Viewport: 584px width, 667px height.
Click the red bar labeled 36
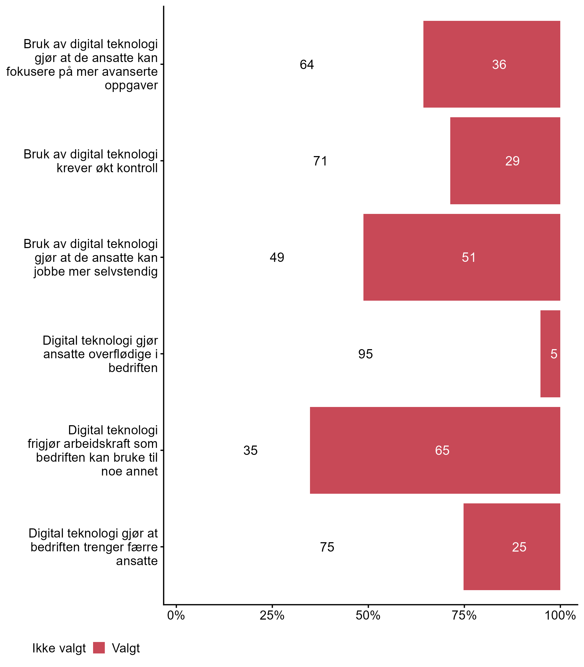click(x=491, y=64)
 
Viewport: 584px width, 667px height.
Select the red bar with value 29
click(x=505, y=160)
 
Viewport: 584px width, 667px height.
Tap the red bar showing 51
click(x=461, y=257)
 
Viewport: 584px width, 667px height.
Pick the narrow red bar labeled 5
click(x=550, y=354)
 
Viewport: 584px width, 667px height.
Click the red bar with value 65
click(x=435, y=450)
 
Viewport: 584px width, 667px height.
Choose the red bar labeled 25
click(x=512, y=547)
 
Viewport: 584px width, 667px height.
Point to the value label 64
click(x=307, y=65)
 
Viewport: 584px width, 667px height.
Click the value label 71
click(x=320, y=161)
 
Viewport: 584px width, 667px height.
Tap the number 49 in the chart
click(x=277, y=258)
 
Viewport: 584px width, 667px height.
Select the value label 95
click(x=365, y=354)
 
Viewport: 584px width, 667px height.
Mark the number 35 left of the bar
click(x=250, y=450)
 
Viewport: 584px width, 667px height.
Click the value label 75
click(x=327, y=547)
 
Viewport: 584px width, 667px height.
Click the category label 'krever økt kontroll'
click(x=107, y=168)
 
